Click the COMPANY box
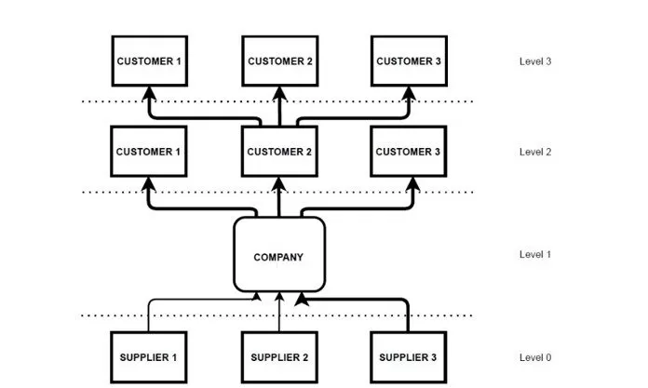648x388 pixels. (278, 256)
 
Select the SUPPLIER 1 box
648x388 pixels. (147, 356)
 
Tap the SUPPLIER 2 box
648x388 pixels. (278, 356)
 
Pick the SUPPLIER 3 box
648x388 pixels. (409, 356)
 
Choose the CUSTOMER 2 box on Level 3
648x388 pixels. (278, 61)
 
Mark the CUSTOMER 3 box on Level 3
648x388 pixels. (409, 61)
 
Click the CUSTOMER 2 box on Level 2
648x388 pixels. (278, 152)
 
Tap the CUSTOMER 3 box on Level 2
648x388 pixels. (409, 152)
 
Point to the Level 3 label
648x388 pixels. (535, 61)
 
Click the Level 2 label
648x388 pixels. (535, 152)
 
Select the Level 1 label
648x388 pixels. (535, 255)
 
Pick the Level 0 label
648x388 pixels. (535, 357)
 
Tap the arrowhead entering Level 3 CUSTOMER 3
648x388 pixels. (409, 93)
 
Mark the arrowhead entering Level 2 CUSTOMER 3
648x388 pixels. (409, 183)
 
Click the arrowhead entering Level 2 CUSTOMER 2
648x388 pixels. (278, 183)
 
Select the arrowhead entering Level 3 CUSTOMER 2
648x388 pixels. (278, 93)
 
